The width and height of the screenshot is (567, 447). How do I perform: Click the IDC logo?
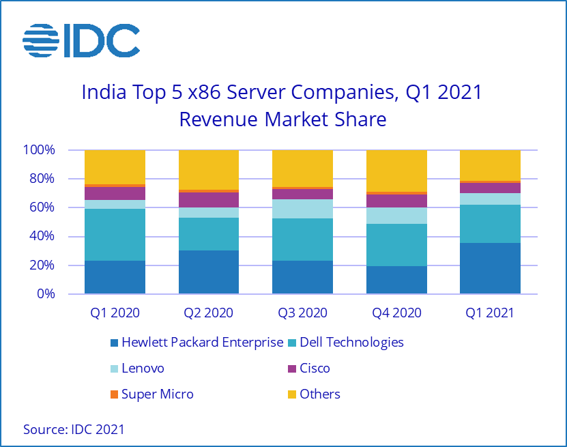click(x=81, y=41)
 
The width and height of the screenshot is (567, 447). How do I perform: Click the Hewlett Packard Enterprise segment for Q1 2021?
click(x=490, y=269)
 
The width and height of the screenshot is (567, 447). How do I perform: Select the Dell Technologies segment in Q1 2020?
click(x=115, y=235)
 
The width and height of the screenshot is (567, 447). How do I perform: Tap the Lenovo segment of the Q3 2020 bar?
click(x=302, y=209)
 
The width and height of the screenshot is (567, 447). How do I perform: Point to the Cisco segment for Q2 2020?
click(x=209, y=199)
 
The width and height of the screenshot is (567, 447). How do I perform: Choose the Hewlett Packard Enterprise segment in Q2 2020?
click(x=209, y=272)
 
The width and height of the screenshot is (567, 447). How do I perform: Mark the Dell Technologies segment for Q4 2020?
click(x=396, y=245)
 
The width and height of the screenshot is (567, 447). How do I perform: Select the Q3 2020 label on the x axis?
click(x=302, y=313)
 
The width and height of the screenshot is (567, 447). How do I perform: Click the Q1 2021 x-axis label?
click(x=490, y=313)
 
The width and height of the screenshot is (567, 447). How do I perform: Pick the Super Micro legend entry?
click(x=158, y=394)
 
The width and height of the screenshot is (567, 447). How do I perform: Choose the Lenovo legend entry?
click(x=143, y=368)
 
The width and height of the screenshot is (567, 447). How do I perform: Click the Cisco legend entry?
click(x=315, y=368)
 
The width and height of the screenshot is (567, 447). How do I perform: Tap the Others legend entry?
click(x=319, y=394)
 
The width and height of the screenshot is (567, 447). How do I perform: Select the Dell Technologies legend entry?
click(x=351, y=342)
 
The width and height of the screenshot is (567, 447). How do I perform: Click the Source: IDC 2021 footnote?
click(x=74, y=429)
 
